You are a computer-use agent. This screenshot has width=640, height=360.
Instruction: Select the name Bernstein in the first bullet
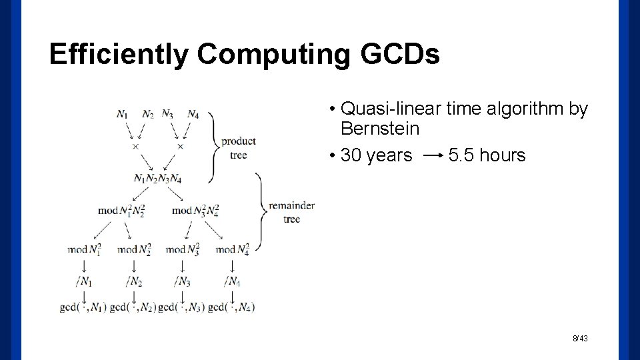click(379, 128)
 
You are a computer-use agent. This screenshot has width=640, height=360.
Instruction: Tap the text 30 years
click(376, 156)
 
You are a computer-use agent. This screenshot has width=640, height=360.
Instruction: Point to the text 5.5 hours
click(487, 156)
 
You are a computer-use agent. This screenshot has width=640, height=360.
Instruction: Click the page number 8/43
click(580, 339)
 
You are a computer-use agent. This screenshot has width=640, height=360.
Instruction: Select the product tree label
click(238, 147)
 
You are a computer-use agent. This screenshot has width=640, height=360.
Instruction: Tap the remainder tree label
click(291, 212)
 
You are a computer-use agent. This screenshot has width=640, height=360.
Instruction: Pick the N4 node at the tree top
click(193, 114)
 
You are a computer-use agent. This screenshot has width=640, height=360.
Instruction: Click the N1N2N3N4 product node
click(157, 178)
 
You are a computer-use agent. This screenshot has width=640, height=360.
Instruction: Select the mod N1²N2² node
click(121, 211)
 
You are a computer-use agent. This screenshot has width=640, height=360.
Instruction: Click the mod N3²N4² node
click(195, 211)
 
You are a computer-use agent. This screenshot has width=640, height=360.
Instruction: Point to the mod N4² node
click(232, 249)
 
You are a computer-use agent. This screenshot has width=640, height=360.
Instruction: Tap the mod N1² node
click(85, 249)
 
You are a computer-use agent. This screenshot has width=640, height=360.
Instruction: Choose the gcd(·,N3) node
click(181, 307)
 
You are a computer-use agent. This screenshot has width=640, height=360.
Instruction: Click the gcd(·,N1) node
click(82, 307)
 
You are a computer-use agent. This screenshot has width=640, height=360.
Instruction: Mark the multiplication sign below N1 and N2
click(135, 146)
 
